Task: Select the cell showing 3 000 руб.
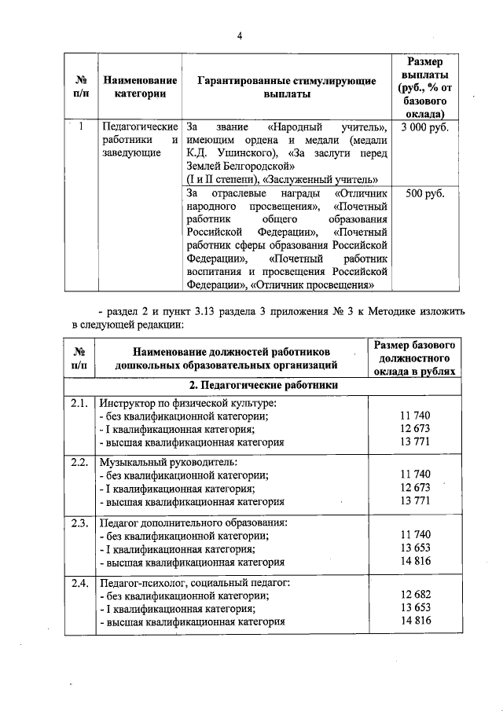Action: point(424,126)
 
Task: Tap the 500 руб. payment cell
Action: point(424,193)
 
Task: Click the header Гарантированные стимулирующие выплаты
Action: point(286,87)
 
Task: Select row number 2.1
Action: point(78,403)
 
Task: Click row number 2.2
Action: point(78,461)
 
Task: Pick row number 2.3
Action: point(78,521)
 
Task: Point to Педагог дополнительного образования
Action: point(193,522)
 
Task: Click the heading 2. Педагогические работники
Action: point(263,385)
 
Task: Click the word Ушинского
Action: point(242,153)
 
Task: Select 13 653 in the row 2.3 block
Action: point(416,548)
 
